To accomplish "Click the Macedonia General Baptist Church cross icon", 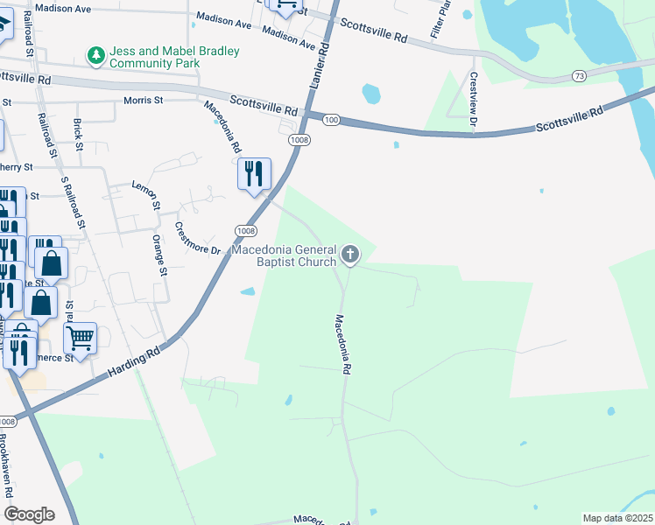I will [x=350, y=255].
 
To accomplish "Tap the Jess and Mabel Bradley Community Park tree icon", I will [x=95, y=56].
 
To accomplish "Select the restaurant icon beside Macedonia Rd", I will [x=254, y=173].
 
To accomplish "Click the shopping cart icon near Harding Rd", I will [x=80, y=338].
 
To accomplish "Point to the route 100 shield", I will [x=330, y=119].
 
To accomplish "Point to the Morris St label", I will [x=144, y=101].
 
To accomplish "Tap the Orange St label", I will [x=158, y=255].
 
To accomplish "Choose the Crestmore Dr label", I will [x=196, y=237].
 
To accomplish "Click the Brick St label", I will [x=78, y=132].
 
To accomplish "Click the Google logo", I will [x=29, y=514].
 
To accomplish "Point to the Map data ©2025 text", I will [x=617, y=518].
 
